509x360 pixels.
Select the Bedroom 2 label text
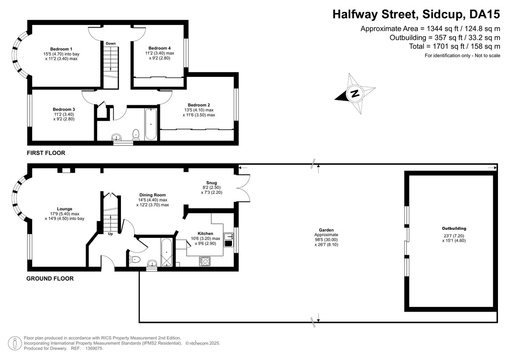(x=199, y=105)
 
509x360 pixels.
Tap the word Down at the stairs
(x=111, y=43)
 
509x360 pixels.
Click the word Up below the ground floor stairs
(x=110, y=234)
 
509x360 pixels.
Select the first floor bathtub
(x=151, y=124)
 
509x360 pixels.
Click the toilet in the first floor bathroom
(x=136, y=134)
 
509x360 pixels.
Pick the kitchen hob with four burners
(x=204, y=261)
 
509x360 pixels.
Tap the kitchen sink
(x=228, y=240)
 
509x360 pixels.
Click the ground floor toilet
(x=134, y=260)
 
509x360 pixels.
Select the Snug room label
(x=212, y=183)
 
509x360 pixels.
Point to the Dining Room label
(x=152, y=195)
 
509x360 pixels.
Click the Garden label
(x=327, y=229)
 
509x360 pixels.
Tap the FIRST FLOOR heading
(x=46, y=153)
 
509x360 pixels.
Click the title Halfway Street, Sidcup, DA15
(x=416, y=15)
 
